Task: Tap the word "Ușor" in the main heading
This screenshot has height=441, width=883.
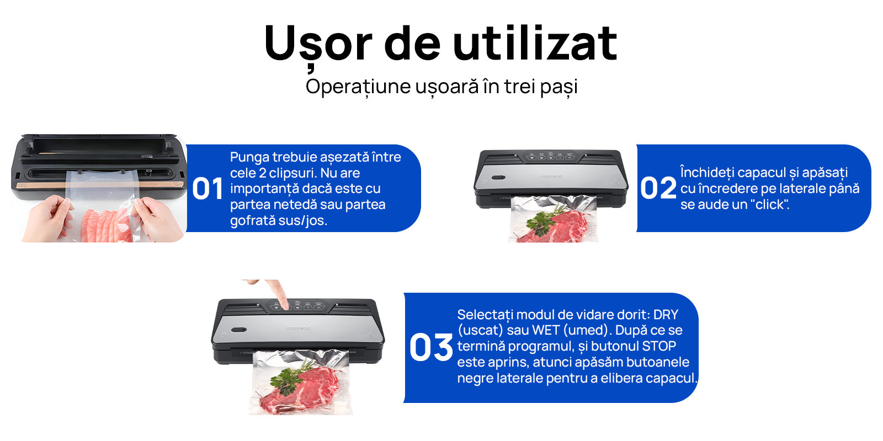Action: (x=318, y=46)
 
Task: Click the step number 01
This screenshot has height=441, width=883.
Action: (x=208, y=189)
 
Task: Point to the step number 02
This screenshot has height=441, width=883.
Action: (x=658, y=188)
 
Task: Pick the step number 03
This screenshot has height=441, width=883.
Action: (x=431, y=348)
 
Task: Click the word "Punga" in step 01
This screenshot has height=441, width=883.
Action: (x=249, y=158)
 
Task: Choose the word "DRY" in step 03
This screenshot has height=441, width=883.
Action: (x=666, y=315)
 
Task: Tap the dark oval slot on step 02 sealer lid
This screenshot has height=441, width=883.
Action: (x=498, y=178)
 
